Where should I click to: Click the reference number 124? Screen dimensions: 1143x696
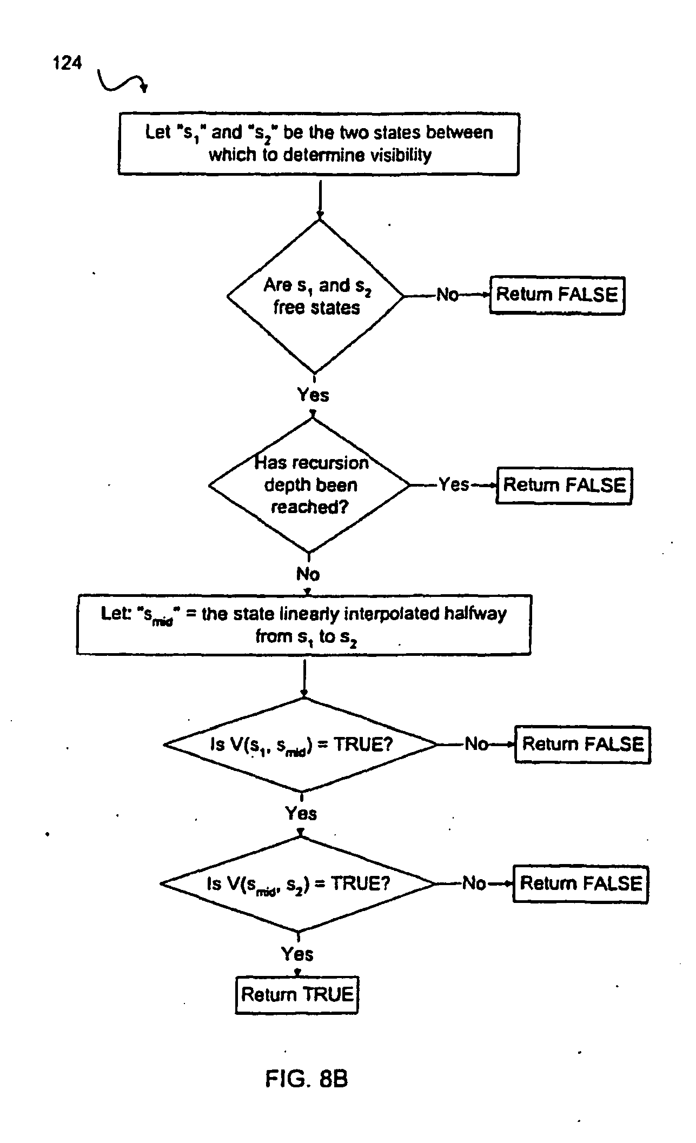(68, 63)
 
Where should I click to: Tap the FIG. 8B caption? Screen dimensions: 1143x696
(306, 1079)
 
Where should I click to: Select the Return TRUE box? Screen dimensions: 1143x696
(297, 994)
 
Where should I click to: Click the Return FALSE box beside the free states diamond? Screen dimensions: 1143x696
(557, 295)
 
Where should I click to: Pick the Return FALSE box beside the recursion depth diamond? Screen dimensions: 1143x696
(564, 485)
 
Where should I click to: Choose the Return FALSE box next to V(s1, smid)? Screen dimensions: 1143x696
(582, 744)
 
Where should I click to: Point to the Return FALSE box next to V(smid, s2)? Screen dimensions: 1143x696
(580, 883)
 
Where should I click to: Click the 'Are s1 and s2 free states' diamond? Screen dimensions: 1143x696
(315, 296)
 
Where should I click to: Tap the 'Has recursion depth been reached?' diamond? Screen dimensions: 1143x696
(310, 485)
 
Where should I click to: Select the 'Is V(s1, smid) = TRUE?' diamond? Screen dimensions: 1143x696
(301, 745)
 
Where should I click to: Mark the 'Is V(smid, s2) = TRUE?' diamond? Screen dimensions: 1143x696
(298, 883)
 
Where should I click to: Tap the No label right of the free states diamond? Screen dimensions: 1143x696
(447, 295)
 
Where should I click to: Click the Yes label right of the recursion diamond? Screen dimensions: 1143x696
(453, 484)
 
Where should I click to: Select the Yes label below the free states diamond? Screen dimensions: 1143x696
(313, 395)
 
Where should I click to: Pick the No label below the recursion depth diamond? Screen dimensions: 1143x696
(308, 574)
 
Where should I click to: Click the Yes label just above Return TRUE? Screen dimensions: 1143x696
(297, 954)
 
